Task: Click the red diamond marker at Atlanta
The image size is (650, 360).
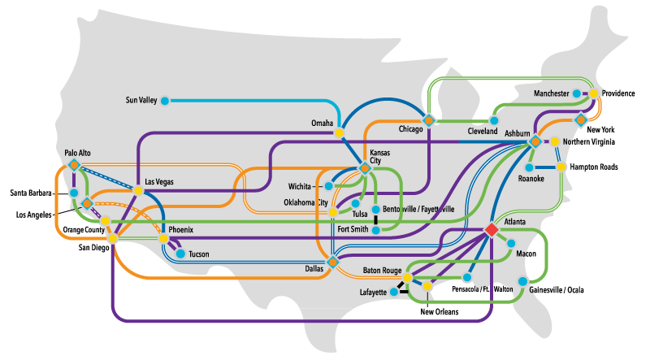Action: pos(491,230)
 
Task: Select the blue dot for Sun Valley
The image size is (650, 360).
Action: pos(165,101)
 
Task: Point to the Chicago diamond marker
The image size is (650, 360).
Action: pos(429,119)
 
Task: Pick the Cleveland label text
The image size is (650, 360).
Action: pos(483,132)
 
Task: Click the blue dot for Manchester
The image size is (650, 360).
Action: pos(577,94)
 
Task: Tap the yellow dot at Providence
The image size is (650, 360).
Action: pos(593,93)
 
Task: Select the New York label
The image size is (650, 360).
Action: pos(600,130)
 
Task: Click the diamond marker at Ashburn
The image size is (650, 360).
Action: pos(535,142)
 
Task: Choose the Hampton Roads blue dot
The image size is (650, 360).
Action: pos(561,167)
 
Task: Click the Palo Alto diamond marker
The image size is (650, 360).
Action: pos(74,165)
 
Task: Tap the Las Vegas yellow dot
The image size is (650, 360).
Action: pos(139,190)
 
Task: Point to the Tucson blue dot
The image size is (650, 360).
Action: pos(180,254)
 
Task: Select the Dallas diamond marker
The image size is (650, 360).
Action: pos(333,262)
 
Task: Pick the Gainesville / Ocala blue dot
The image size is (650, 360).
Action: pos(522,281)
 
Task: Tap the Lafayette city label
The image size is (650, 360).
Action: pos(373,293)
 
